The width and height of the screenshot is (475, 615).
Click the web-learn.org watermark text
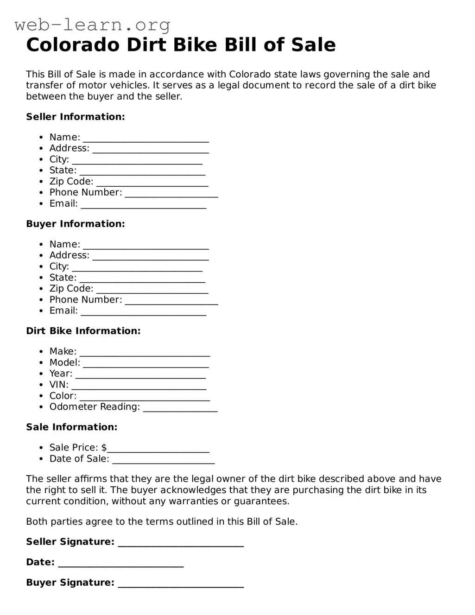pyautogui.click(x=92, y=25)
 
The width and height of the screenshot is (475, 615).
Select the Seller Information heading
pyautogui.click(x=75, y=117)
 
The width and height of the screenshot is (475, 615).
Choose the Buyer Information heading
pyautogui.click(x=75, y=224)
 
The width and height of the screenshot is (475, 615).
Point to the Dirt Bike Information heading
pyautogui.click(x=83, y=331)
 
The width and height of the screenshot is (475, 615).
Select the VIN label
pyautogui.click(x=58, y=385)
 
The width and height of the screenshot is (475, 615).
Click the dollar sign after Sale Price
pyautogui.click(x=104, y=448)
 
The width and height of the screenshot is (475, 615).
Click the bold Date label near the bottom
pyautogui.click(x=40, y=562)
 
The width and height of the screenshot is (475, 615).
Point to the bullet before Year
pyautogui.click(x=41, y=374)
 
